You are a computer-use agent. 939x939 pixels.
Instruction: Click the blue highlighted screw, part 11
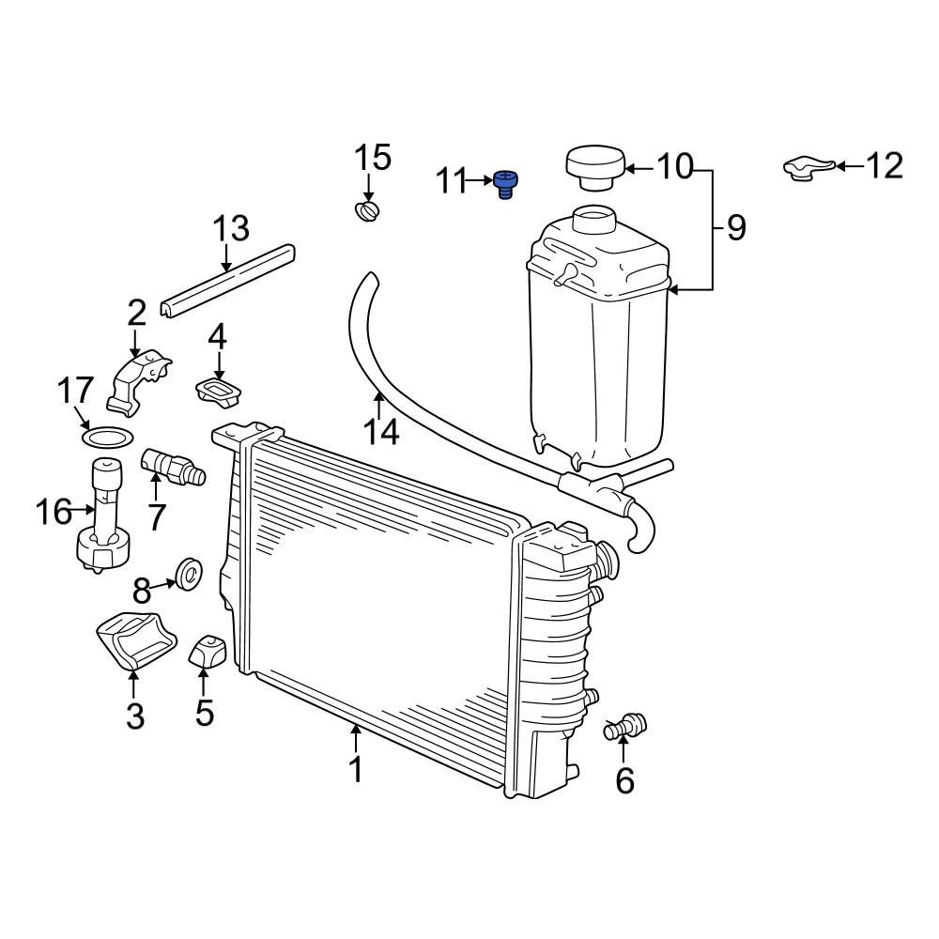(507, 184)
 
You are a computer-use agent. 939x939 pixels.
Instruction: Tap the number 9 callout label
(735, 227)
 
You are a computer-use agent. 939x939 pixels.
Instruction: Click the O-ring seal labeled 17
(105, 438)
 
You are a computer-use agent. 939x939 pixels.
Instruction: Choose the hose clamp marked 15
(368, 211)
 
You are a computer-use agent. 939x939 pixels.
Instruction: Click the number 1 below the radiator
(355, 769)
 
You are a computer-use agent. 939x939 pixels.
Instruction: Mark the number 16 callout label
(54, 513)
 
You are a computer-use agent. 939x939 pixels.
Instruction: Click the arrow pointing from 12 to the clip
(848, 167)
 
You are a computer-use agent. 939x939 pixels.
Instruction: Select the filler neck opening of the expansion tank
(593, 220)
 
